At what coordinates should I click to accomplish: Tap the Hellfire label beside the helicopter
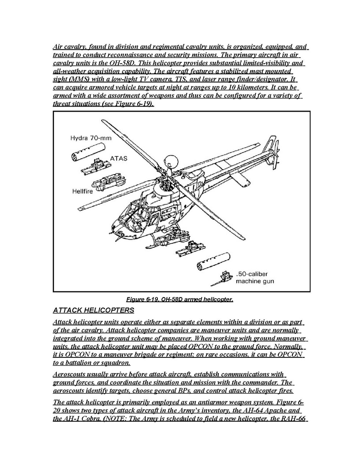(x=82, y=191)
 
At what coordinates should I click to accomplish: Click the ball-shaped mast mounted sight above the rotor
(x=170, y=160)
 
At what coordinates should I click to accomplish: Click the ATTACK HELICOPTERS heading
(x=93, y=310)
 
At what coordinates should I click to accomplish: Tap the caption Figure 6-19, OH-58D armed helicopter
(x=179, y=300)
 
